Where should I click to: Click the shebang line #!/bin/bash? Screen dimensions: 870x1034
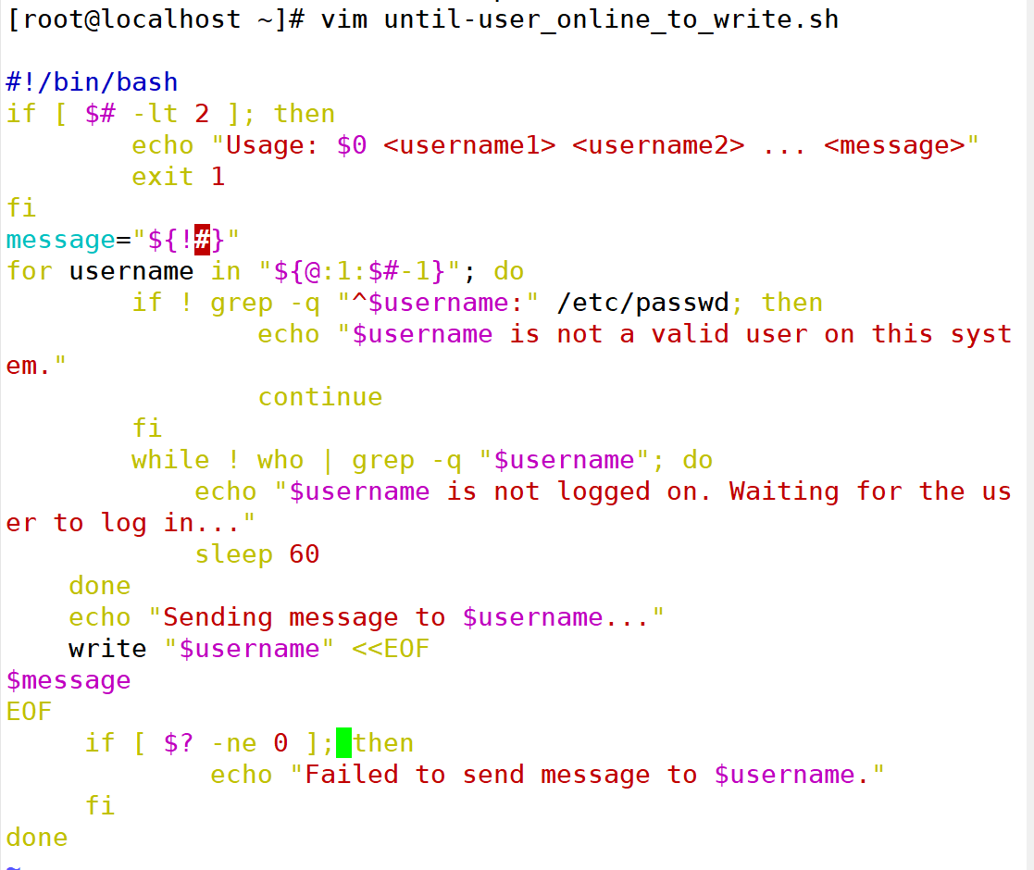click(x=92, y=82)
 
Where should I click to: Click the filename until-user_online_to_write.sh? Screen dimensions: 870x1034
click(x=611, y=19)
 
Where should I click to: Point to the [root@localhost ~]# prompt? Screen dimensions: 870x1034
click(x=156, y=19)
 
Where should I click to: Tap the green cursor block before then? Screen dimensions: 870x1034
click(x=343, y=742)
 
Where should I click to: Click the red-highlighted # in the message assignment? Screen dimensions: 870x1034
click(x=203, y=240)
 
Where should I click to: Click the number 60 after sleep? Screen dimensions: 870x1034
click(x=304, y=554)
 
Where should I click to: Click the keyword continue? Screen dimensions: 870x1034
click(x=319, y=397)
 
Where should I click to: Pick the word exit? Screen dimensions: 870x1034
click(x=163, y=177)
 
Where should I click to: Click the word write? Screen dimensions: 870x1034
click(x=107, y=649)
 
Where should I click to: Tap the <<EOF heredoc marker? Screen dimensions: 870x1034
click(x=391, y=649)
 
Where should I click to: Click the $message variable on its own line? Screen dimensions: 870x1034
click(x=69, y=680)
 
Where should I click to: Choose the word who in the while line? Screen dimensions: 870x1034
click(x=280, y=460)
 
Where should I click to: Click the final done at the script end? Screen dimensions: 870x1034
click(x=37, y=838)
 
